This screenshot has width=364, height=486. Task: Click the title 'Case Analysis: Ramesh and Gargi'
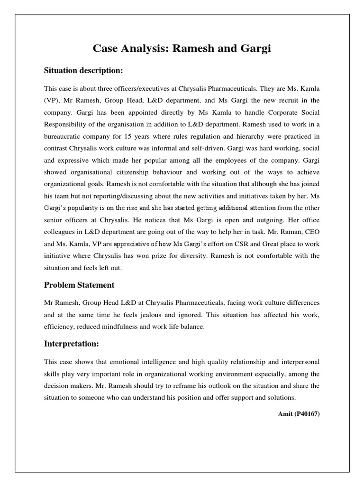pos(182,49)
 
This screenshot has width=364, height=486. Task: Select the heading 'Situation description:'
pos(83,71)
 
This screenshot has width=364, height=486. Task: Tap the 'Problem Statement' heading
pos(79,285)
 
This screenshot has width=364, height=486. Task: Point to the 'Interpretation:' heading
pos(72,343)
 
